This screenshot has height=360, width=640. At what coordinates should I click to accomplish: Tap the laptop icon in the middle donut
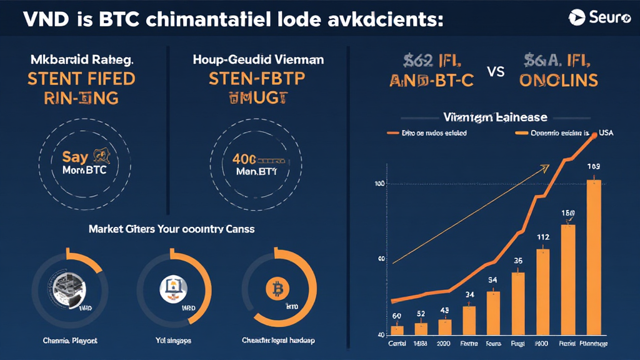coord(172,287)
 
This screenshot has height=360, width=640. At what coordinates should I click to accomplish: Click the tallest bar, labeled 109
coord(592,256)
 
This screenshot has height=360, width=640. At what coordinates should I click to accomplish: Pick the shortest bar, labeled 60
coord(396,329)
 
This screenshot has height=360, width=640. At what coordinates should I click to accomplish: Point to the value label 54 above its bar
coord(492,279)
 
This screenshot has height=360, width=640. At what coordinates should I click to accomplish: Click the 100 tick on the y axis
coord(379,184)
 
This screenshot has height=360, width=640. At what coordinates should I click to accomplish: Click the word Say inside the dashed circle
coord(74,157)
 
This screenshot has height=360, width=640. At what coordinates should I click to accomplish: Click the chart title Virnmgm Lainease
coord(495,117)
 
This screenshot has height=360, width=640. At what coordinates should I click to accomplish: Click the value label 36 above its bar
coord(517,261)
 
